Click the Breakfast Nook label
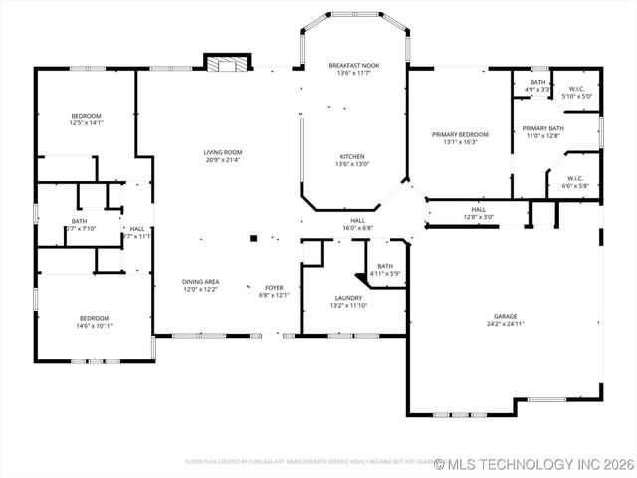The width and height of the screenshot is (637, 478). pos(354,65)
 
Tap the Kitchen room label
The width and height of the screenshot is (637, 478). pos(353,156)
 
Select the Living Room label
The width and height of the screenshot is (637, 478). pos(224,152)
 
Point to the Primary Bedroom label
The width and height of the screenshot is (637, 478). pos(460,134)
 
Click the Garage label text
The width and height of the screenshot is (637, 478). pos(505,315)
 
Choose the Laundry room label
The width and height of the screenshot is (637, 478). pos(348,297)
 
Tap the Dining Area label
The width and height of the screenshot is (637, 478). pos(201,281)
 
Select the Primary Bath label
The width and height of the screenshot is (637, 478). pos(543,128)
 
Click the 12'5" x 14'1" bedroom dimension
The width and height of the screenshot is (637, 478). pos(86,123)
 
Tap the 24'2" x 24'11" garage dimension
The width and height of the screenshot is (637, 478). pos(505,324)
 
